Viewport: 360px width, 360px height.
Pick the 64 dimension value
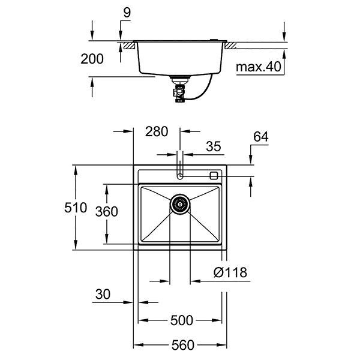260,137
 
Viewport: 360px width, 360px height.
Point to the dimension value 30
102,294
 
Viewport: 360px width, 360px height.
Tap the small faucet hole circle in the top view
179,176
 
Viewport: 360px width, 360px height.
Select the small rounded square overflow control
214,176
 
